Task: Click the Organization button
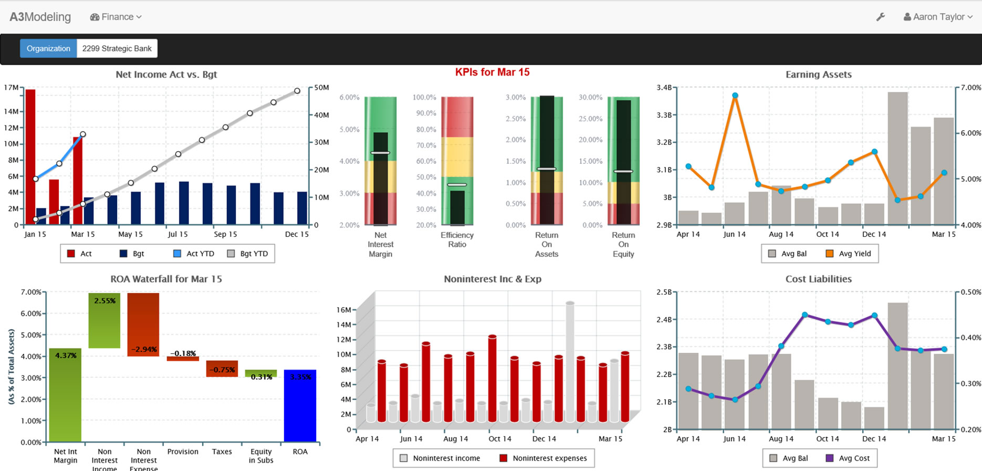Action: tap(48, 48)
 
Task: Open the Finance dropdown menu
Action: tap(116, 17)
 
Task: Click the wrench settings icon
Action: tap(881, 17)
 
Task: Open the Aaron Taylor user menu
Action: tap(938, 17)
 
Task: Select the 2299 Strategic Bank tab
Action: tap(117, 48)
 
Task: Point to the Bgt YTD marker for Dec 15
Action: tap(297, 91)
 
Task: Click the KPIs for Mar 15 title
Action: tap(492, 72)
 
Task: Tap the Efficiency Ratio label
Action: tap(457, 239)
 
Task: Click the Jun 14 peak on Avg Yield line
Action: tap(735, 96)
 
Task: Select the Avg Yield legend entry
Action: tap(849, 254)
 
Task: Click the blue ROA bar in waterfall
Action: tap(300, 405)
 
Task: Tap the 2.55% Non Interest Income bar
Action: tap(105, 320)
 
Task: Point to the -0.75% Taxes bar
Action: tap(222, 368)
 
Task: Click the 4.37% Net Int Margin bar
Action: tap(65, 394)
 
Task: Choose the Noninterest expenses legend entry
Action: tap(543, 458)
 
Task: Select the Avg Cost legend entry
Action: tap(848, 458)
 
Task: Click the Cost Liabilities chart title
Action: tap(818, 279)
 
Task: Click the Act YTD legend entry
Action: tap(194, 254)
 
